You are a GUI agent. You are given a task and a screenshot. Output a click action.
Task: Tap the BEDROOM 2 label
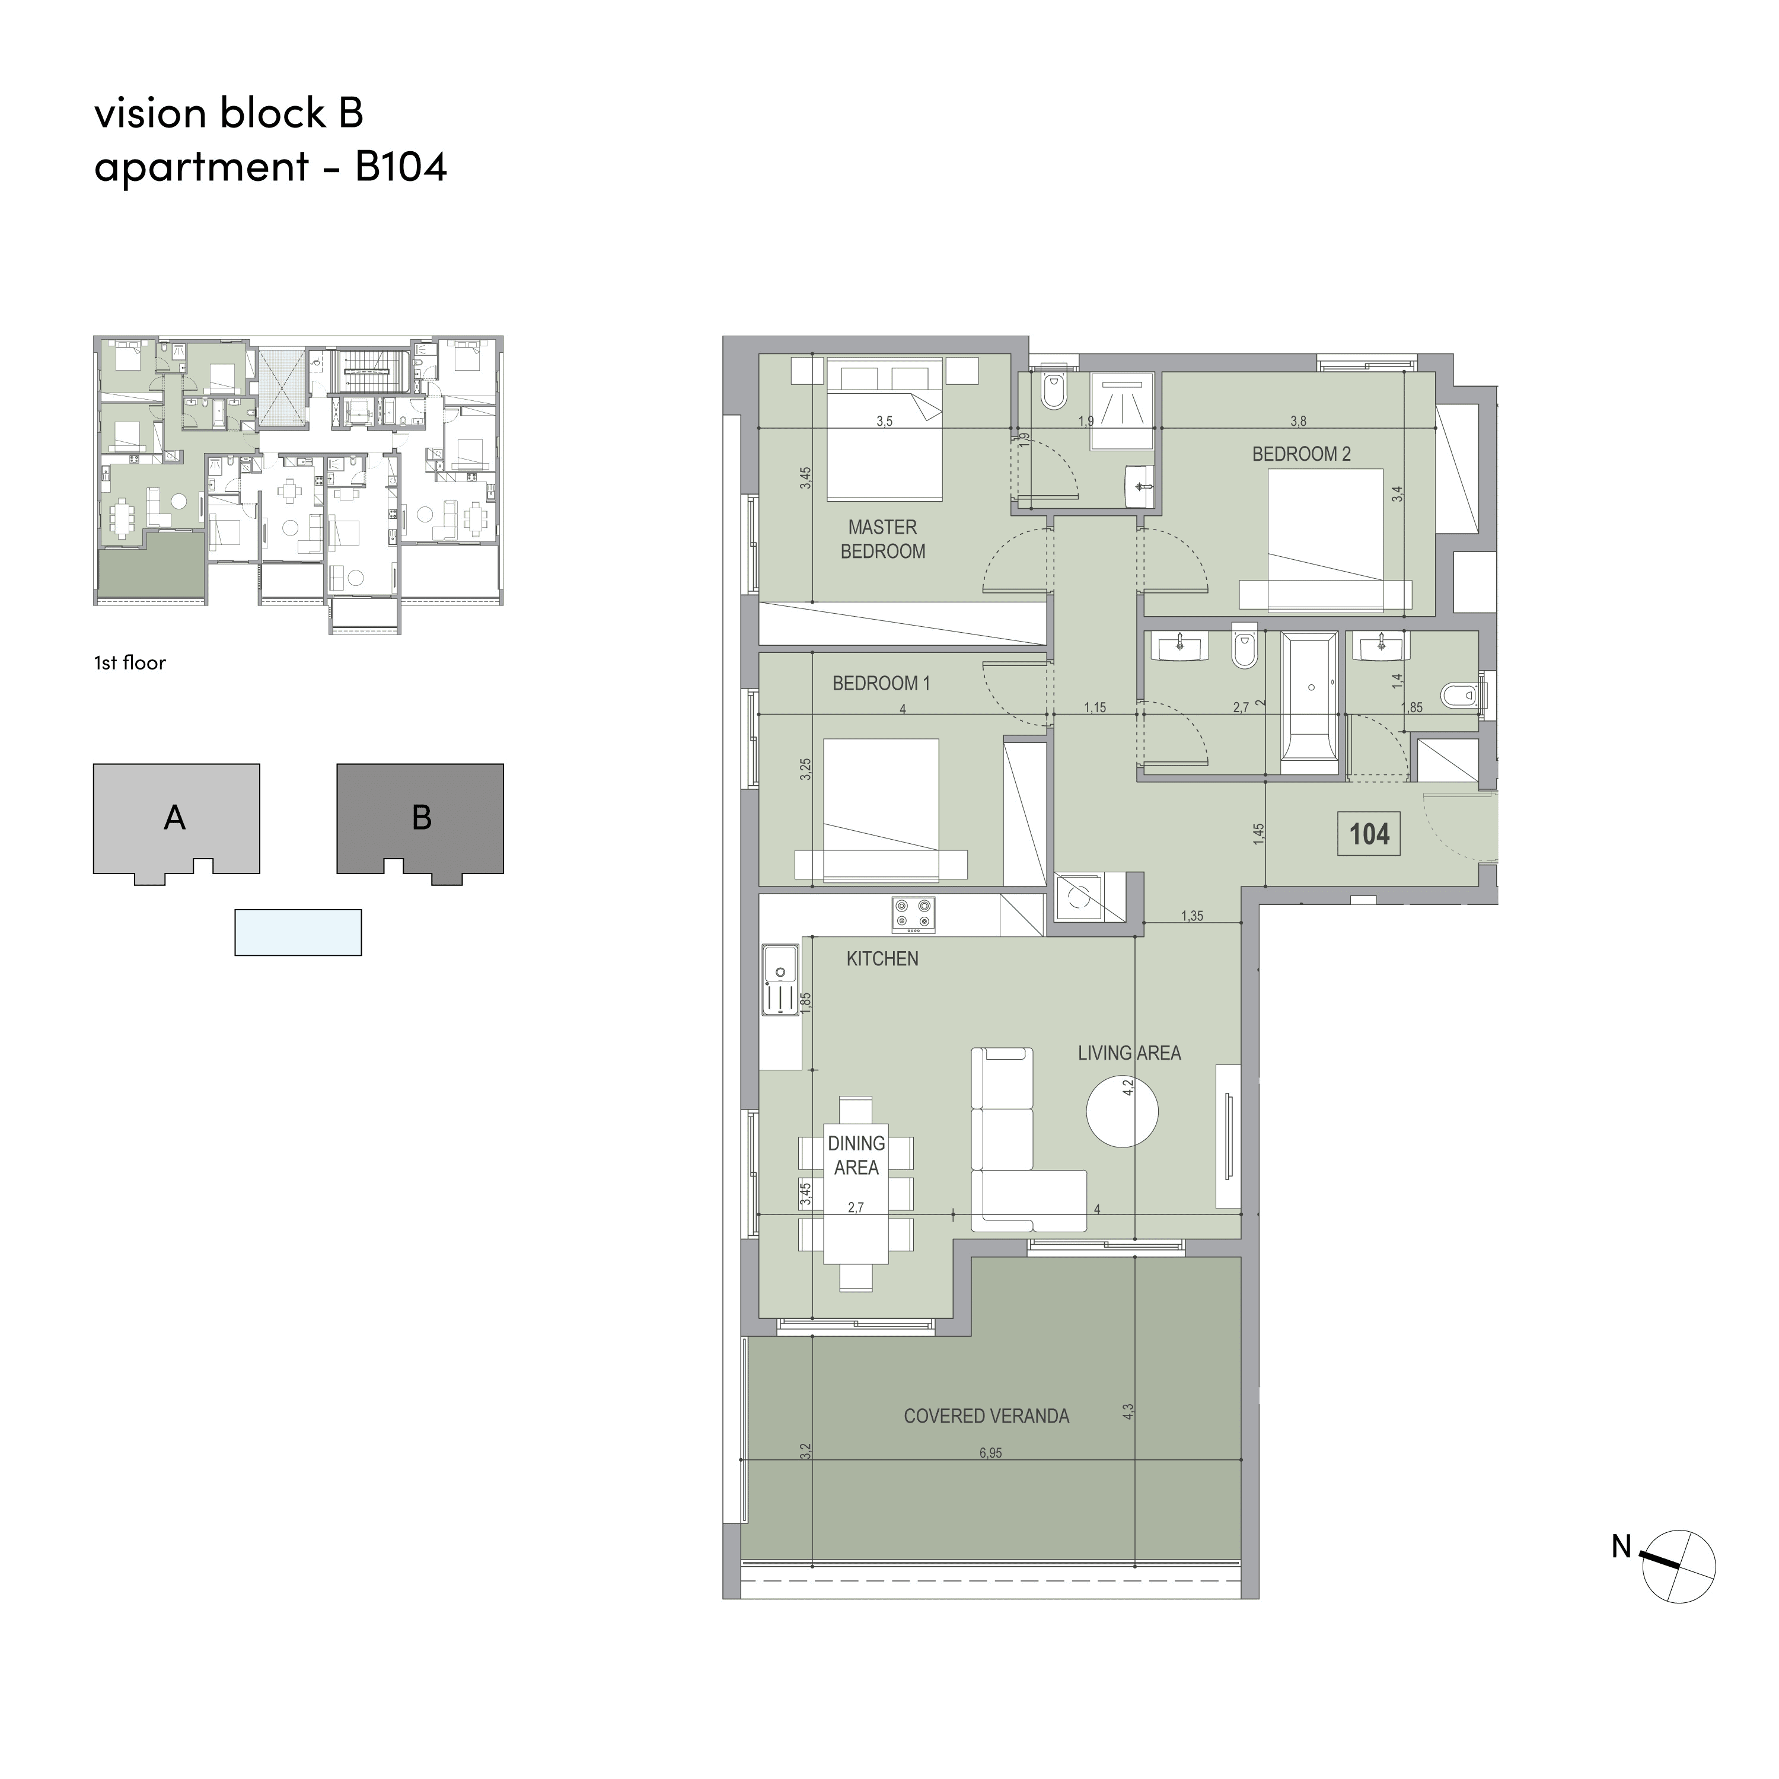[1300, 454]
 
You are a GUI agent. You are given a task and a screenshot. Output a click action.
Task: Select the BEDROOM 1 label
[881, 683]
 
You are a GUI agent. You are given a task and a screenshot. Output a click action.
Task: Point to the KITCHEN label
[882, 958]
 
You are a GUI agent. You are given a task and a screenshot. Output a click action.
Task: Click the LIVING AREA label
[1129, 1053]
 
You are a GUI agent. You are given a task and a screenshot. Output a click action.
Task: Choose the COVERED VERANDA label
[986, 1416]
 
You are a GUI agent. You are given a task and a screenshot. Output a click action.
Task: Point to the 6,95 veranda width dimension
[991, 1453]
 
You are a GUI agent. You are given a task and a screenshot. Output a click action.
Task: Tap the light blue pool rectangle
[298, 933]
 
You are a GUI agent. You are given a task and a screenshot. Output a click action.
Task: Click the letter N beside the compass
[1621, 1546]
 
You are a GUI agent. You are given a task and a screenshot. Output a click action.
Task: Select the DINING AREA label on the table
[856, 1155]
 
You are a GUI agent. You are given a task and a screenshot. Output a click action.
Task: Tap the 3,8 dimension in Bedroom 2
[1298, 422]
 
